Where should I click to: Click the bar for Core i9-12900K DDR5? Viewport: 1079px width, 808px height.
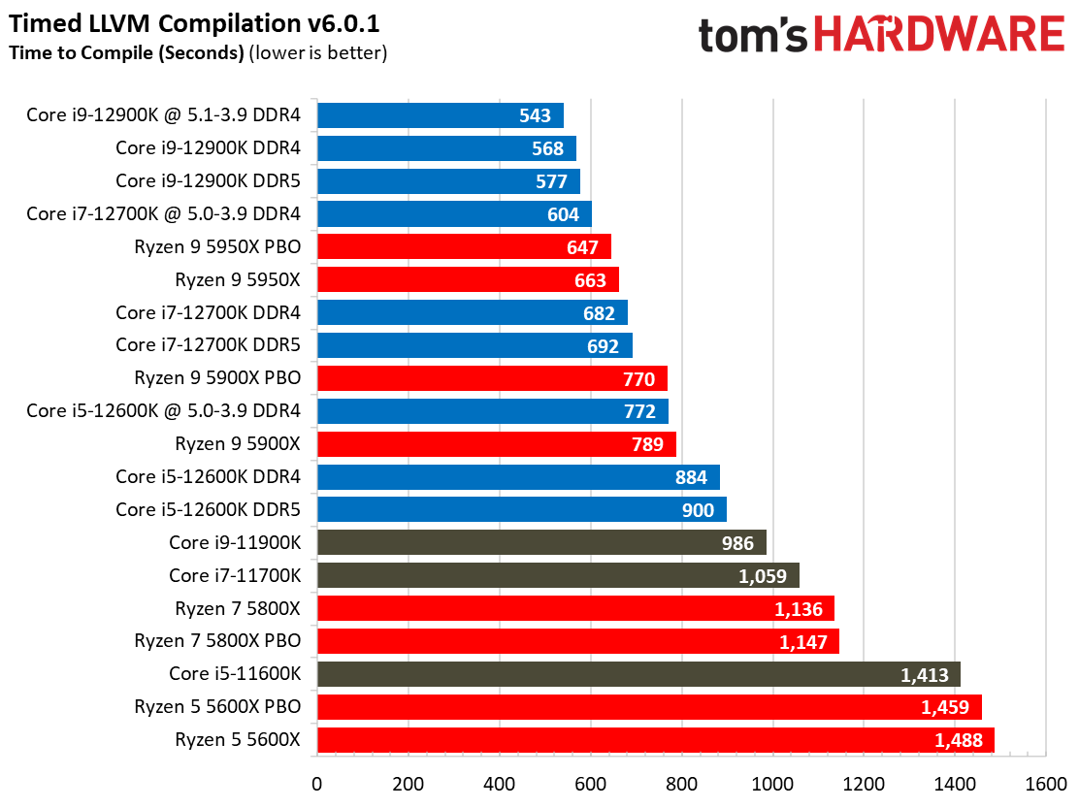pos(447,181)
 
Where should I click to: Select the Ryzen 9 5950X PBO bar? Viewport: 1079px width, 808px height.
pos(463,247)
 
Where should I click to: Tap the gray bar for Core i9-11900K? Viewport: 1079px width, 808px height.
pos(540,542)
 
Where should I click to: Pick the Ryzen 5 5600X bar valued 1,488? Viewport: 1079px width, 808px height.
pos(655,740)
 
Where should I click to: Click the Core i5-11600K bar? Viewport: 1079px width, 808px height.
pos(638,674)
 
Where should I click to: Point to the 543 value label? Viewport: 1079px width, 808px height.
pos(535,116)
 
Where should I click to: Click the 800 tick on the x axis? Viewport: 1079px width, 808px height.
pos(682,784)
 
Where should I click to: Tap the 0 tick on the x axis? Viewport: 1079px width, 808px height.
pos(316,784)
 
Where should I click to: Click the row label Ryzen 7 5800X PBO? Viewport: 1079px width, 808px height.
pos(217,641)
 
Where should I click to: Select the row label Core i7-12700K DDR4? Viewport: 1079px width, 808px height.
pos(208,313)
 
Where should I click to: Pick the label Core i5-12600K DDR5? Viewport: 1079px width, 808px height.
pos(208,509)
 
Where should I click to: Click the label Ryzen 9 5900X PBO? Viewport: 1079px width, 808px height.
pos(217,378)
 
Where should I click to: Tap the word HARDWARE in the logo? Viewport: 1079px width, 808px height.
pos(938,36)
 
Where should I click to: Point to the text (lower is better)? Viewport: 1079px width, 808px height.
pos(318,52)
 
